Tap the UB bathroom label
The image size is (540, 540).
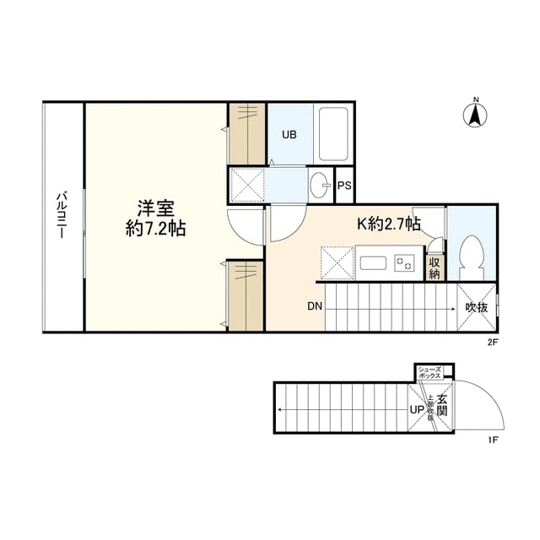coord(289,134)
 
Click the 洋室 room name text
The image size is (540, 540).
coord(156,207)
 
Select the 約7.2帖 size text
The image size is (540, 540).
coord(156,228)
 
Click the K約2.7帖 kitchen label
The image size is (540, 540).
coord(389,224)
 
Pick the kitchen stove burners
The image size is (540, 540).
coord(404,262)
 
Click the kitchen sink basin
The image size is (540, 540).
coord(372,262)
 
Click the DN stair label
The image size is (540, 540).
coord(314,307)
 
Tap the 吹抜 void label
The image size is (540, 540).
coord(477,308)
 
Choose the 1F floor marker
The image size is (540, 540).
coord(493,440)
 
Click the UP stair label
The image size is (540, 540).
coord(417,410)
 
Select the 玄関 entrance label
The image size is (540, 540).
coord(442,404)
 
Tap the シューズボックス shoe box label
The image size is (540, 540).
coord(429,372)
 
